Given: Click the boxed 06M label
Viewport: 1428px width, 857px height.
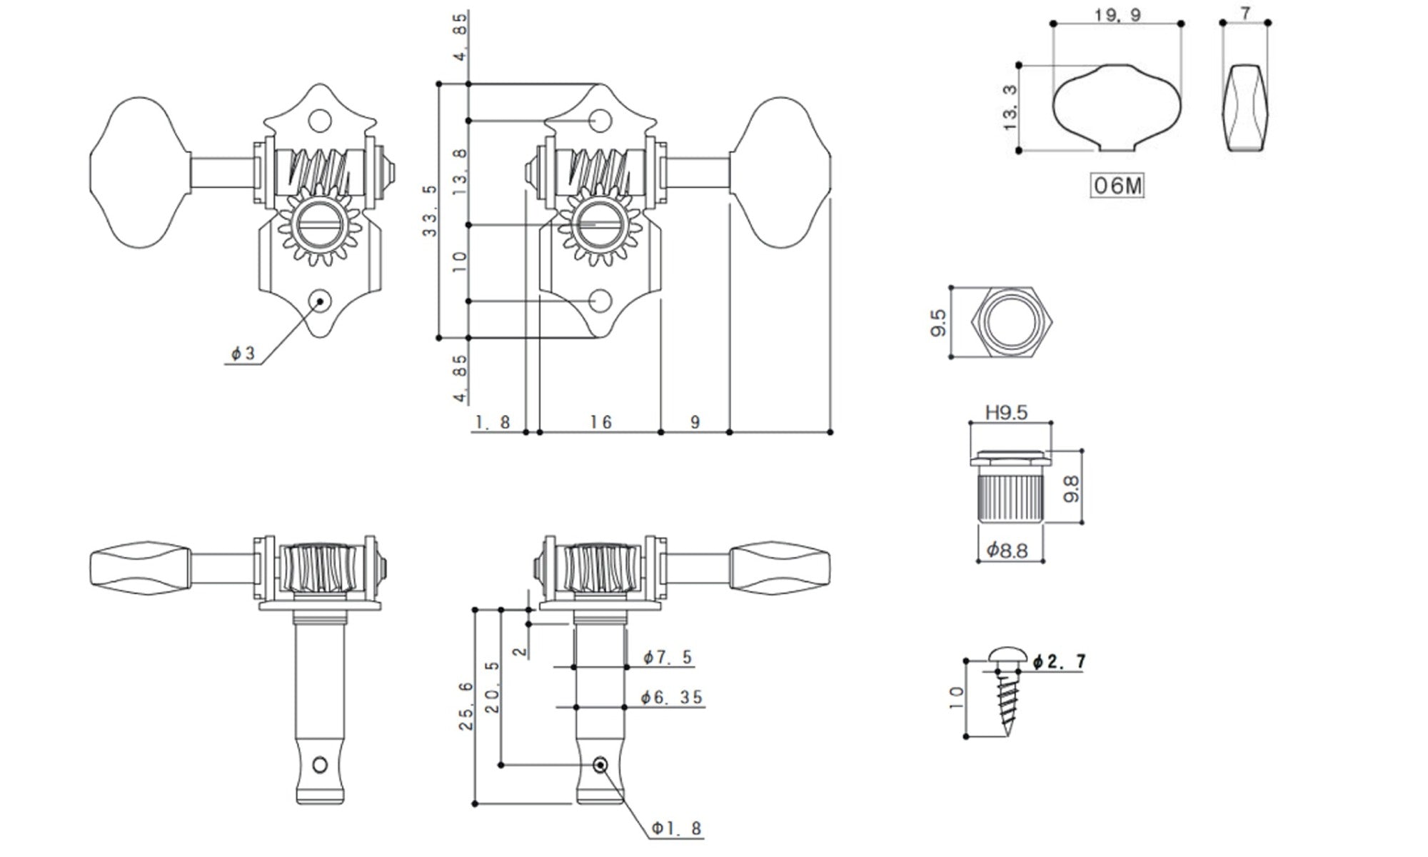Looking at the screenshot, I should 1117,186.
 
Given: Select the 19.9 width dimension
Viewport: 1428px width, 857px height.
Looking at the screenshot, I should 1117,14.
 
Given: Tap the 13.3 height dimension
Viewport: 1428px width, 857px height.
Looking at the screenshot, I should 1010,108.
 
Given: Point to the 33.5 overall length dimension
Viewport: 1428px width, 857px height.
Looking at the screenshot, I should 430,211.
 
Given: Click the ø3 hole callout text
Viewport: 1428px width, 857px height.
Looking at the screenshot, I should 243,354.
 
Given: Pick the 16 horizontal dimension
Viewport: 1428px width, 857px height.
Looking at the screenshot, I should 601,423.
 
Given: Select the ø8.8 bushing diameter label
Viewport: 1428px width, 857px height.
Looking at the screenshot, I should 1007,550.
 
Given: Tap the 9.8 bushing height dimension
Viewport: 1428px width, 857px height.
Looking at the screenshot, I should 1072,488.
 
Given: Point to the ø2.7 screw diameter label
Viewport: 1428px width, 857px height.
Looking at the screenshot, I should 1060,662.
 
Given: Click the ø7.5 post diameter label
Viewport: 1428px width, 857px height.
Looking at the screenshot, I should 668,657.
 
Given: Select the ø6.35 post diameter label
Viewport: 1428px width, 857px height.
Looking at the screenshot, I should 672,697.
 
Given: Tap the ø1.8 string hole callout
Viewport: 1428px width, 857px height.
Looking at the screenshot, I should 676,828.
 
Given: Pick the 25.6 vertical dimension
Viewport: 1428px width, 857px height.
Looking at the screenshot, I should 466,706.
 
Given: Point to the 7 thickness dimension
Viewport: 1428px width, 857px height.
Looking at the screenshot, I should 1245,13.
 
